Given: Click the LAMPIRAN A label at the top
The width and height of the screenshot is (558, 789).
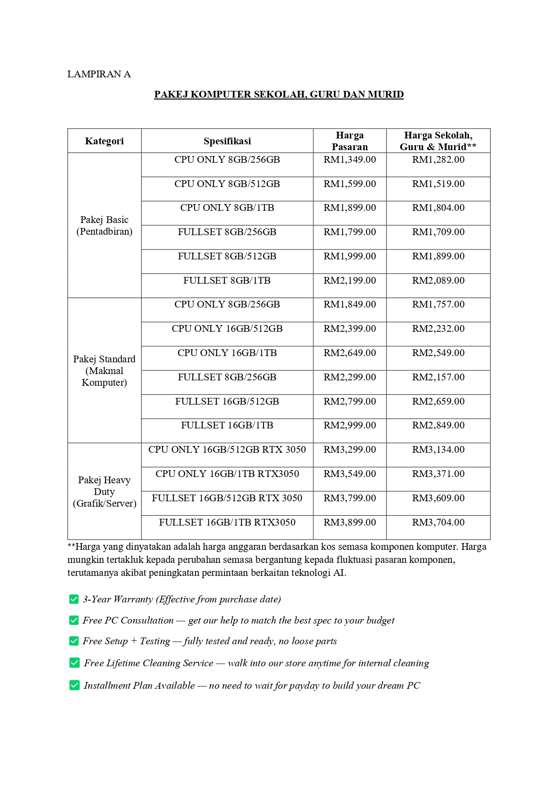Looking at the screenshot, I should pyautogui.click(x=99, y=74).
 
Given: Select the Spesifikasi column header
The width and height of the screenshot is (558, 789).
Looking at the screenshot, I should pyautogui.click(x=227, y=141).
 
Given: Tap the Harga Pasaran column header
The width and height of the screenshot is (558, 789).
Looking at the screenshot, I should pyautogui.click(x=349, y=141).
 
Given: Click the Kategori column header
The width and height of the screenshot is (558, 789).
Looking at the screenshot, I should pyautogui.click(x=104, y=141).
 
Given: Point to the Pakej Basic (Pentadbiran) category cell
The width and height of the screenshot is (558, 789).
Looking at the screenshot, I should pyautogui.click(x=104, y=226).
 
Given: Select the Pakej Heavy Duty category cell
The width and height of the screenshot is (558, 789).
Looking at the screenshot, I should pyautogui.click(x=104, y=492).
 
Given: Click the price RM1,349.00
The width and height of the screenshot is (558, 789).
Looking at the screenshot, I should pyautogui.click(x=349, y=160).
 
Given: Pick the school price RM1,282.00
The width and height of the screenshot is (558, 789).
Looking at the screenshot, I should pyautogui.click(x=438, y=160).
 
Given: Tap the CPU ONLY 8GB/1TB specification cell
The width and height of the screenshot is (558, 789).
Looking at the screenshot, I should pyautogui.click(x=227, y=208).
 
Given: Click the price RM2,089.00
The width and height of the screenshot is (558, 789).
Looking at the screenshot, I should pyautogui.click(x=438, y=281).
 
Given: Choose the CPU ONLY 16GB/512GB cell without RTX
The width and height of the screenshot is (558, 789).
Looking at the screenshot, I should pyautogui.click(x=227, y=329).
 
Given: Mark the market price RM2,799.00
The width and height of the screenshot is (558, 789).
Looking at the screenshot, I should pyautogui.click(x=349, y=401).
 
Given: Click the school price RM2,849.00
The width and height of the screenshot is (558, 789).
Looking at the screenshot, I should pyautogui.click(x=438, y=425).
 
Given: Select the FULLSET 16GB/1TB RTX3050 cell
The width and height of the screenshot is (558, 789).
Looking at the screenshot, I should pyautogui.click(x=227, y=522).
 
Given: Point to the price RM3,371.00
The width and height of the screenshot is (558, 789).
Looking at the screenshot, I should pyautogui.click(x=438, y=474).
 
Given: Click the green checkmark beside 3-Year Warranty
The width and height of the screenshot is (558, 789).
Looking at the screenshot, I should pyautogui.click(x=74, y=599).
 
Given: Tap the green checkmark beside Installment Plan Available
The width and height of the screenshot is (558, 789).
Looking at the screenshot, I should pyautogui.click(x=74, y=685).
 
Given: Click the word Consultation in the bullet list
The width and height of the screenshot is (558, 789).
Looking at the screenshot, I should pyautogui.click(x=147, y=620).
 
